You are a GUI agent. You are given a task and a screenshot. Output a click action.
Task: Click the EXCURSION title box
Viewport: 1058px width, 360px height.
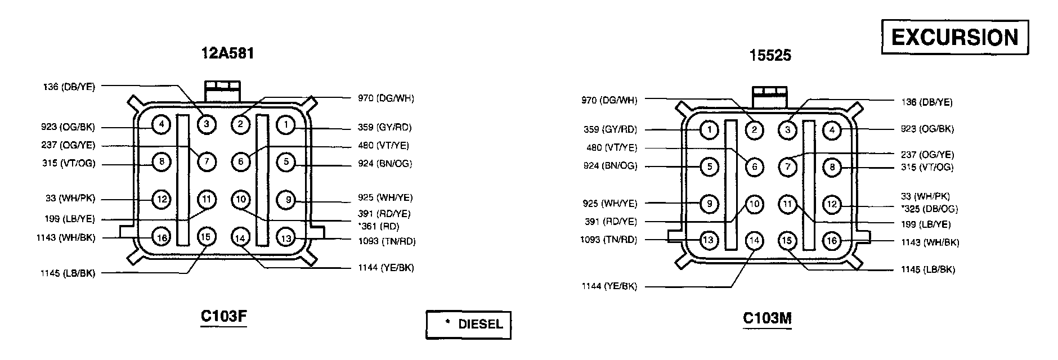coord(954,38)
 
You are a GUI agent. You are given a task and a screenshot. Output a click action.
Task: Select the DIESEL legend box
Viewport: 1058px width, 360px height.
coord(468,325)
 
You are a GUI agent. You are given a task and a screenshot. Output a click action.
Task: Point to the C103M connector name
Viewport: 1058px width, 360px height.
coord(767,318)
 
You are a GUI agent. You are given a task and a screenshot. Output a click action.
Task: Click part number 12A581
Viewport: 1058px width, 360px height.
coord(227,53)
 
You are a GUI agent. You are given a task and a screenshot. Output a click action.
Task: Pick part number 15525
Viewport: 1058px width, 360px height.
coord(770,55)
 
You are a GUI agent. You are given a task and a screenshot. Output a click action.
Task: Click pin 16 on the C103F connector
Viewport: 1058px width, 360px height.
coord(162,237)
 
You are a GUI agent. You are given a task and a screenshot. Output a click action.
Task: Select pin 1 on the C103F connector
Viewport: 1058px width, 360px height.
coord(286,124)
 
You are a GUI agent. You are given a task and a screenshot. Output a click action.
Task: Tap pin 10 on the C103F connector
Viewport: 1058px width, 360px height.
coord(240,199)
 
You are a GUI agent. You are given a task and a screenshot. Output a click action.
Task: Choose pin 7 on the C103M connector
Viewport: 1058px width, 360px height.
coord(787,166)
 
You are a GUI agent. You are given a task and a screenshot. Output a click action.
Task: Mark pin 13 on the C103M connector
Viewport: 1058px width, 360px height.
coord(709,240)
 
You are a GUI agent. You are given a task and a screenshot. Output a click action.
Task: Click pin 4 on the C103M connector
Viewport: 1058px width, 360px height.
coord(832,130)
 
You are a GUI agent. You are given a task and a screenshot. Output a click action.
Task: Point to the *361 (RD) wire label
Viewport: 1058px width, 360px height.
coord(379,227)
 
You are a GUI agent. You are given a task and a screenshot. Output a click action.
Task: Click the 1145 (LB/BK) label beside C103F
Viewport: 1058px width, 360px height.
coord(68,273)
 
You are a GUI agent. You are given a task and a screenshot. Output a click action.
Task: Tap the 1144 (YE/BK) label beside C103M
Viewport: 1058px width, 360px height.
coord(609,287)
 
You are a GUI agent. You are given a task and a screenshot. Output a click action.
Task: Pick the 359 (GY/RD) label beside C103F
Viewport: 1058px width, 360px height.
coord(384,128)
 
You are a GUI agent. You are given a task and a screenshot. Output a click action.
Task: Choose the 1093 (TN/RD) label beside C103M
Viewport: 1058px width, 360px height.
coord(609,240)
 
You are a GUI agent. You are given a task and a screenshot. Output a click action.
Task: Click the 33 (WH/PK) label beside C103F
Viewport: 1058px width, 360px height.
coord(70,199)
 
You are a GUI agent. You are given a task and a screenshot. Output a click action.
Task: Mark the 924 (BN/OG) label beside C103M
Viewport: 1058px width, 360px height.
coord(610,166)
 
